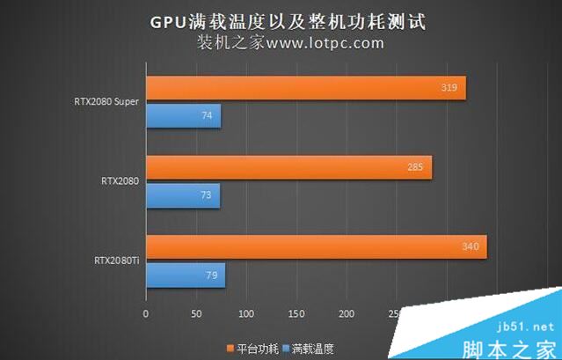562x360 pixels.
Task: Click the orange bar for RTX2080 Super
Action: point(305,88)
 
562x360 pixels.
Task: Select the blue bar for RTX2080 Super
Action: point(183,116)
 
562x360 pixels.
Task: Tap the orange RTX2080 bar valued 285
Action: point(288,167)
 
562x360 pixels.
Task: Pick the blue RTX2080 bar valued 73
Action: point(182,195)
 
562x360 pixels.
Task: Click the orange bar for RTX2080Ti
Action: point(316,246)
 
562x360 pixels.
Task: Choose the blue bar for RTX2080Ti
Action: point(185,275)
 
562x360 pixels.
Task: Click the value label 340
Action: point(471,246)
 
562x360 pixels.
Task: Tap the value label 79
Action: point(211,276)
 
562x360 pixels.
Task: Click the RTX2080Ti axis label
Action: point(117,261)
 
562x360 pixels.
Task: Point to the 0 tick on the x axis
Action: point(146,313)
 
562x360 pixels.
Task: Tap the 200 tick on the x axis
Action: point(346,313)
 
